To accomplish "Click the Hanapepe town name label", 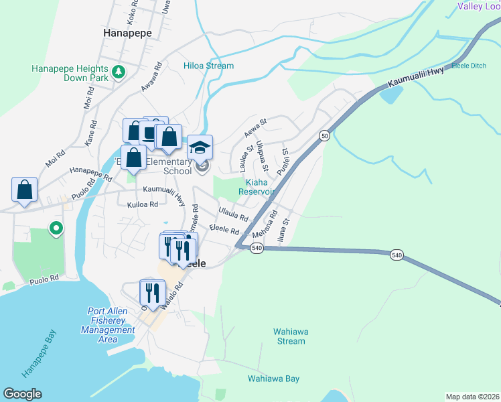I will (x=127, y=32).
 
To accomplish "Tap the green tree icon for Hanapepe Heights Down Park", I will (x=119, y=71).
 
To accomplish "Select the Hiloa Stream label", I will (x=209, y=66).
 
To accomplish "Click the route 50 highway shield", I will (x=324, y=136).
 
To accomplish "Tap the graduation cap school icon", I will (x=200, y=147).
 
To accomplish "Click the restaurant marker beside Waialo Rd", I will (x=152, y=293).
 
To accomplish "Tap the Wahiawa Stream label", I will (x=289, y=336).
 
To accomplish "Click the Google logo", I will (x=22, y=394).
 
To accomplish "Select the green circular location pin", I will (x=57, y=229).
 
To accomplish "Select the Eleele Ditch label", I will (x=470, y=66).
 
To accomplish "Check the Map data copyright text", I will (x=472, y=397).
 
